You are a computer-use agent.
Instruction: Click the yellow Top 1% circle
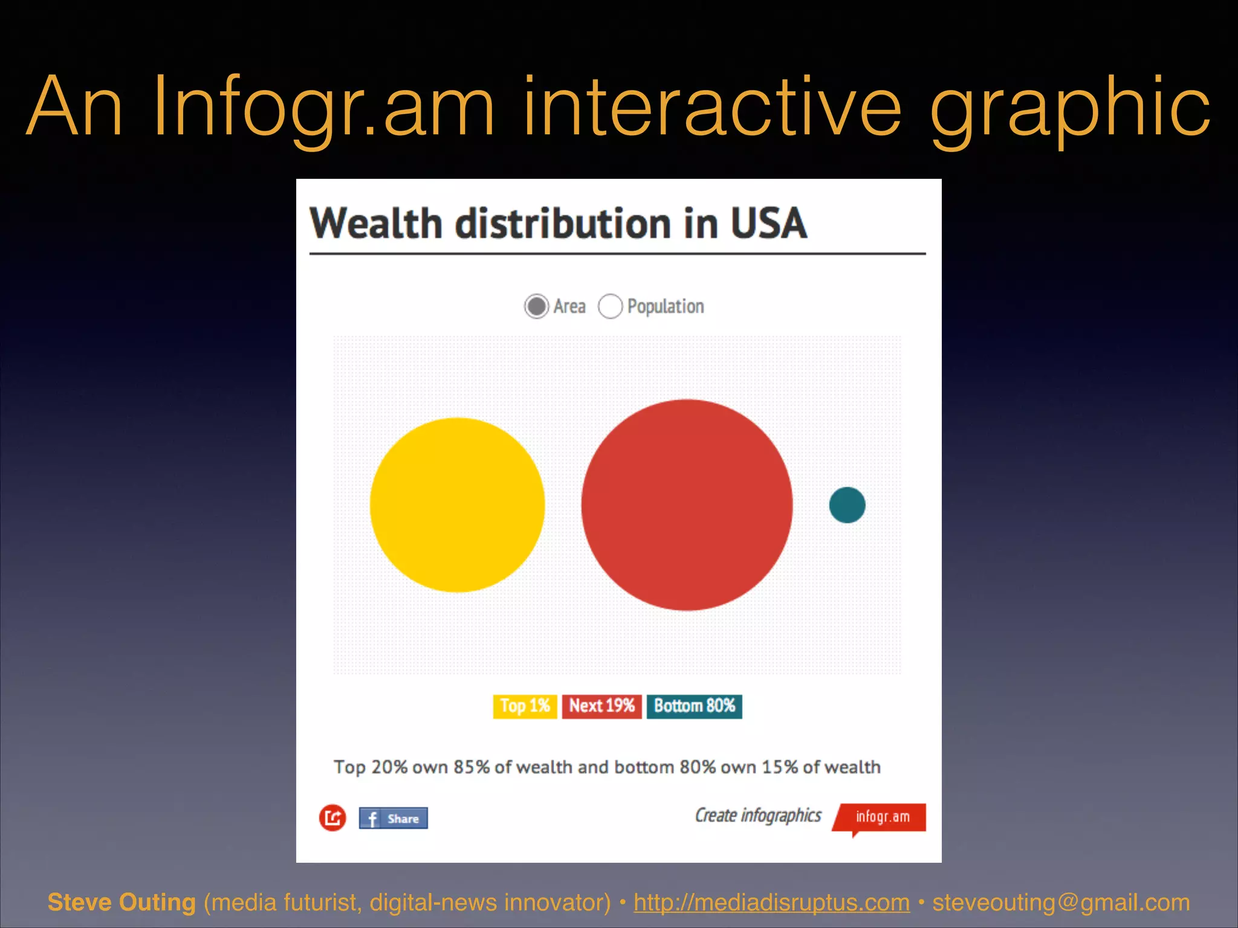coord(457,505)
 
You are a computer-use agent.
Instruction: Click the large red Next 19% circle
coord(687,505)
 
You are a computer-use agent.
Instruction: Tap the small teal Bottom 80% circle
coord(847,505)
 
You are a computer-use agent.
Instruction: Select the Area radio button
coord(536,306)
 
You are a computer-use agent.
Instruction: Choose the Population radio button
coord(610,306)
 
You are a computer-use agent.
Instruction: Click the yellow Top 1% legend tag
coord(525,706)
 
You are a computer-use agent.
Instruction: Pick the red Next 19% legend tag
coord(601,706)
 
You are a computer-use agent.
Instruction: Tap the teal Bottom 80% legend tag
coord(694,706)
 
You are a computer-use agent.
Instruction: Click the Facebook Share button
coord(393,819)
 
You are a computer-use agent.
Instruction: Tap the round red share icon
coord(332,818)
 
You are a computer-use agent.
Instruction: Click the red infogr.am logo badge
coord(881,817)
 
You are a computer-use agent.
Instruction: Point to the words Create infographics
coord(758,816)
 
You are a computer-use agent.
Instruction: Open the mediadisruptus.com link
coord(771,903)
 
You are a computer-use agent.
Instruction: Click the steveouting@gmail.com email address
coord(1061,903)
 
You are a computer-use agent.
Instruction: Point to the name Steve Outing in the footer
coord(122,903)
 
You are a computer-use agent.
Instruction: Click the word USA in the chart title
coord(768,224)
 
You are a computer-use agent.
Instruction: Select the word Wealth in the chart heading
coord(376,224)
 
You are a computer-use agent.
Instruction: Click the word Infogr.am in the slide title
coord(324,108)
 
